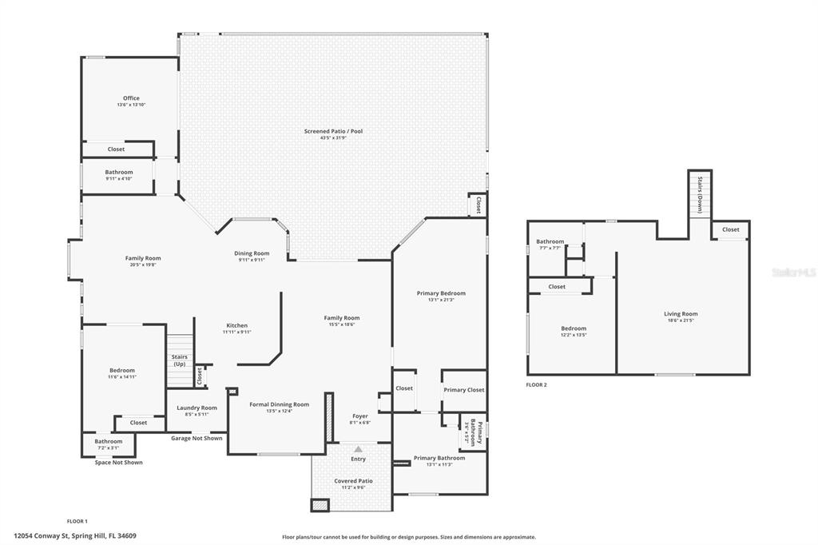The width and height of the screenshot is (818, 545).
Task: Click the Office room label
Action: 131,98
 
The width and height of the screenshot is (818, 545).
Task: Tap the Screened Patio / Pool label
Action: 333,131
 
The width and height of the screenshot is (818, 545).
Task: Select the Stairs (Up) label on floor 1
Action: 179,360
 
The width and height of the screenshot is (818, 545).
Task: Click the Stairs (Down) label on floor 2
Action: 700,194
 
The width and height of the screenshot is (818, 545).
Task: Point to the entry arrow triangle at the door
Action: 358,449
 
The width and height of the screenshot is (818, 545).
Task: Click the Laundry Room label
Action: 197,408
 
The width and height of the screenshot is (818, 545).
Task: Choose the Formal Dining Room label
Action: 279,404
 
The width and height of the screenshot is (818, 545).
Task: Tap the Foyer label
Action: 360,416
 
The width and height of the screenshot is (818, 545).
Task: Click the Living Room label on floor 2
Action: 681,314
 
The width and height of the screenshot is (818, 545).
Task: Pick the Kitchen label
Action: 236,325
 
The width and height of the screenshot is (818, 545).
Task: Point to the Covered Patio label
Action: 353,480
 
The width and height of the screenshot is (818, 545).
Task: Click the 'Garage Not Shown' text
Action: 197,438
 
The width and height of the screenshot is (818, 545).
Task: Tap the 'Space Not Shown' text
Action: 119,463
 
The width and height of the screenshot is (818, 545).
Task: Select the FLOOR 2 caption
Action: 536,384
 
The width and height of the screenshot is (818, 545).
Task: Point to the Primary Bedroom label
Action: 441,293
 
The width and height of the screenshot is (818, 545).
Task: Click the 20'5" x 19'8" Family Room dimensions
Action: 143,265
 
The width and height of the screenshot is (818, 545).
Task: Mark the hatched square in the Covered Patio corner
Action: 320,505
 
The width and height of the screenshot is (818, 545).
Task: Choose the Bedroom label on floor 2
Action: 574,328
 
